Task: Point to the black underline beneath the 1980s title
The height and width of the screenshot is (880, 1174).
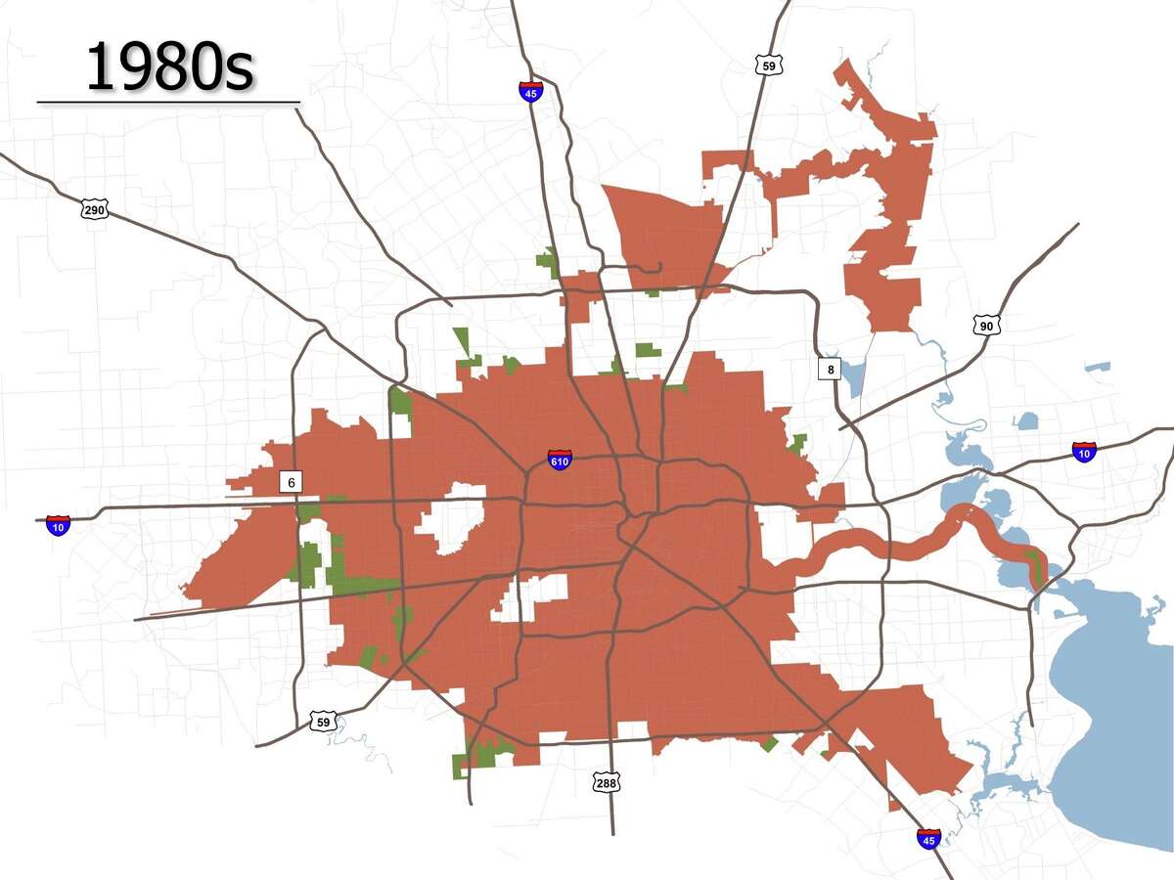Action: click(x=168, y=101)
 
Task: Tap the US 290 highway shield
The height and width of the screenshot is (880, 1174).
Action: click(x=95, y=209)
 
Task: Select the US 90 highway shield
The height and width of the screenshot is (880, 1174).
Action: click(x=985, y=324)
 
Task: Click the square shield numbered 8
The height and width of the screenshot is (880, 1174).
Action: click(x=830, y=369)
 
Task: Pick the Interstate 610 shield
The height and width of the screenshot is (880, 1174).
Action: click(x=560, y=459)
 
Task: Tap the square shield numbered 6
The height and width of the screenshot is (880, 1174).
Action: click(x=290, y=482)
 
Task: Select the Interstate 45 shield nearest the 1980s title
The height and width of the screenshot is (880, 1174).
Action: click(x=531, y=91)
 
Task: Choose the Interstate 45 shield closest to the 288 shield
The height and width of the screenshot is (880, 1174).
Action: click(x=928, y=838)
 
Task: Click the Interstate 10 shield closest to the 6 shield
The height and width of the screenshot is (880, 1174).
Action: click(x=59, y=525)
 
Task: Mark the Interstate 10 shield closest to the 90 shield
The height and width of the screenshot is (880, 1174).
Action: click(x=1083, y=451)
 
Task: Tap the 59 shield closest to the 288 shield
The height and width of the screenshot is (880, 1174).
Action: click(x=323, y=722)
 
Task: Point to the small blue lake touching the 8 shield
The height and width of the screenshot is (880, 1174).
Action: click(x=853, y=377)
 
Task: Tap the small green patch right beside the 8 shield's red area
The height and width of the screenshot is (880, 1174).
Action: click(x=798, y=444)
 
